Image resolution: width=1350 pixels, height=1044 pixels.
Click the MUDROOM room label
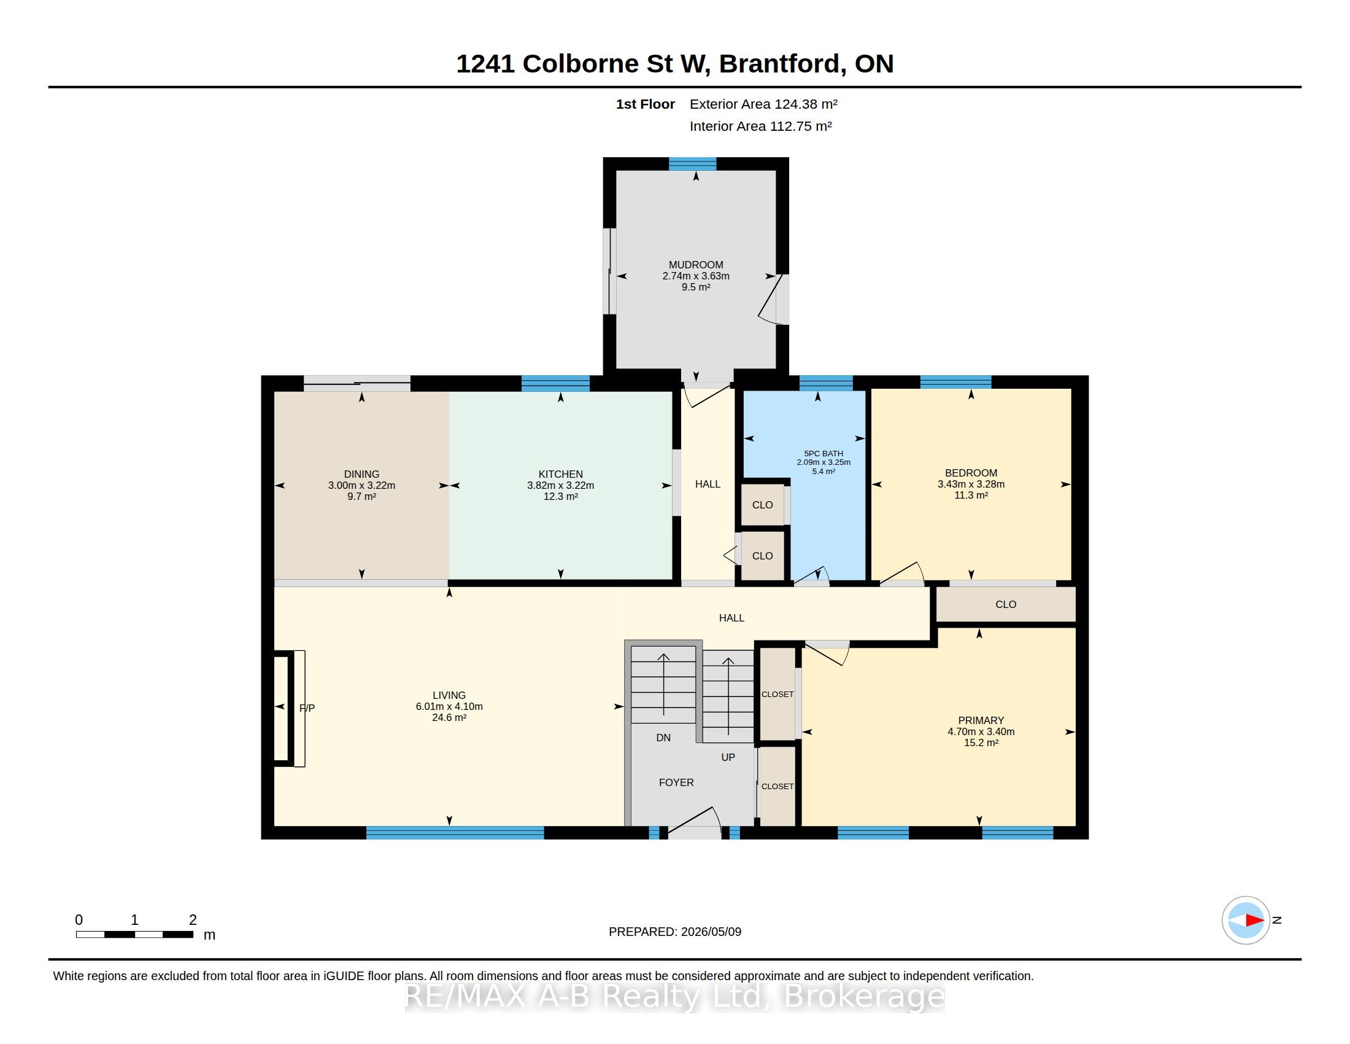(695, 265)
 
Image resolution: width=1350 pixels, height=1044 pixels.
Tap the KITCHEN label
(561, 474)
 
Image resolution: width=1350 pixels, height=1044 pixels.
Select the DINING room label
(361, 474)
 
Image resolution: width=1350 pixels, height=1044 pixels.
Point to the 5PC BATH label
(823, 453)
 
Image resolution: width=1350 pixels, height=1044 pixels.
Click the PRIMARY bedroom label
(981, 720)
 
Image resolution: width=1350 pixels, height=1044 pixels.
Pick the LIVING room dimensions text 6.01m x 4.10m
(449, 706)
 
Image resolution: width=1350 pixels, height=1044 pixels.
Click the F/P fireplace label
(307, 708)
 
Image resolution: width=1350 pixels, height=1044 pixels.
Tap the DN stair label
(663, 738)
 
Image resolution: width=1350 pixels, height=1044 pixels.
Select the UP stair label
(728, 758)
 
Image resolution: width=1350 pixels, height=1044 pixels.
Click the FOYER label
(676, 782)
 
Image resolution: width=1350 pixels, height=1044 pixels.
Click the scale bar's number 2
(193, 920)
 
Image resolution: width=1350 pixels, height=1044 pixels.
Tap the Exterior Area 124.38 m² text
(763, 104)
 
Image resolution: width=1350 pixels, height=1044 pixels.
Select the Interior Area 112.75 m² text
(760, 126)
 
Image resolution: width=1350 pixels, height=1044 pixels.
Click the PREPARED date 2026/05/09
(711, 932)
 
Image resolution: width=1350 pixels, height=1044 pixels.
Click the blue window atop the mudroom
(692, 164)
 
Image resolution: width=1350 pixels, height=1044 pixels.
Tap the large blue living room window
(455, 833)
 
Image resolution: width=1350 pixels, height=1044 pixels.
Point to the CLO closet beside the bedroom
(1006, 604)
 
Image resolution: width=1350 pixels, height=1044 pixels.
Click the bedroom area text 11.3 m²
(971, 496)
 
